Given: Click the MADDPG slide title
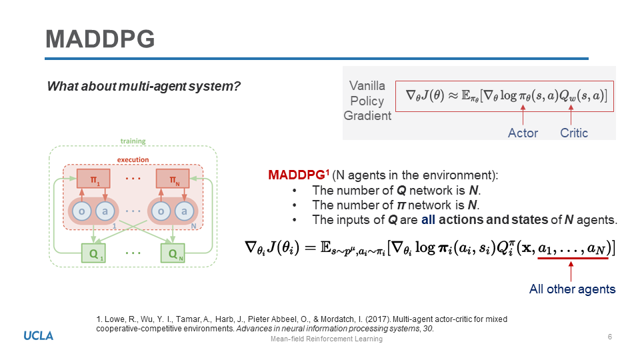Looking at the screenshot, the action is (100, 39).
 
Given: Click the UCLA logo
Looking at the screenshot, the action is (39, 336).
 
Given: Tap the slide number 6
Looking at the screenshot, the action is (610, 337).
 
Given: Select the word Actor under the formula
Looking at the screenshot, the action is (523, 133).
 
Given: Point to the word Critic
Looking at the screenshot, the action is (574, 133).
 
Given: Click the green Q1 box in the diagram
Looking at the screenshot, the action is (93, 253).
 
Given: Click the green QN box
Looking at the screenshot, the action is (173, 253).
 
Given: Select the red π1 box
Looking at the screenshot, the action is (93, 179).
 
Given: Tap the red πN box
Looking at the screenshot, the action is (173, 179).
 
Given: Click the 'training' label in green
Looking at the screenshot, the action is (133, 141).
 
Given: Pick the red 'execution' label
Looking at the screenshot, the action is (133, 159).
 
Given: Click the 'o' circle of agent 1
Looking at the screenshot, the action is (81, 211).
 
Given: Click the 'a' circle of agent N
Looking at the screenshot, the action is (185, 211).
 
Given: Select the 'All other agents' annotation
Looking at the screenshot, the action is (572, 289).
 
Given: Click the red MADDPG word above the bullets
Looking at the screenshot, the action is (297, 175).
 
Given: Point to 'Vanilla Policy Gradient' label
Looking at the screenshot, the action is (367, 101).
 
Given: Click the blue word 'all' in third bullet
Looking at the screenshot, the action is (428, 219).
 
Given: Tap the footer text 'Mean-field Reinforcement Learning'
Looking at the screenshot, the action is (327, 339).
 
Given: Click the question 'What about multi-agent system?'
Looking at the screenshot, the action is (144, 87).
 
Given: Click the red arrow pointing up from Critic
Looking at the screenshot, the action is (571, 115).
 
